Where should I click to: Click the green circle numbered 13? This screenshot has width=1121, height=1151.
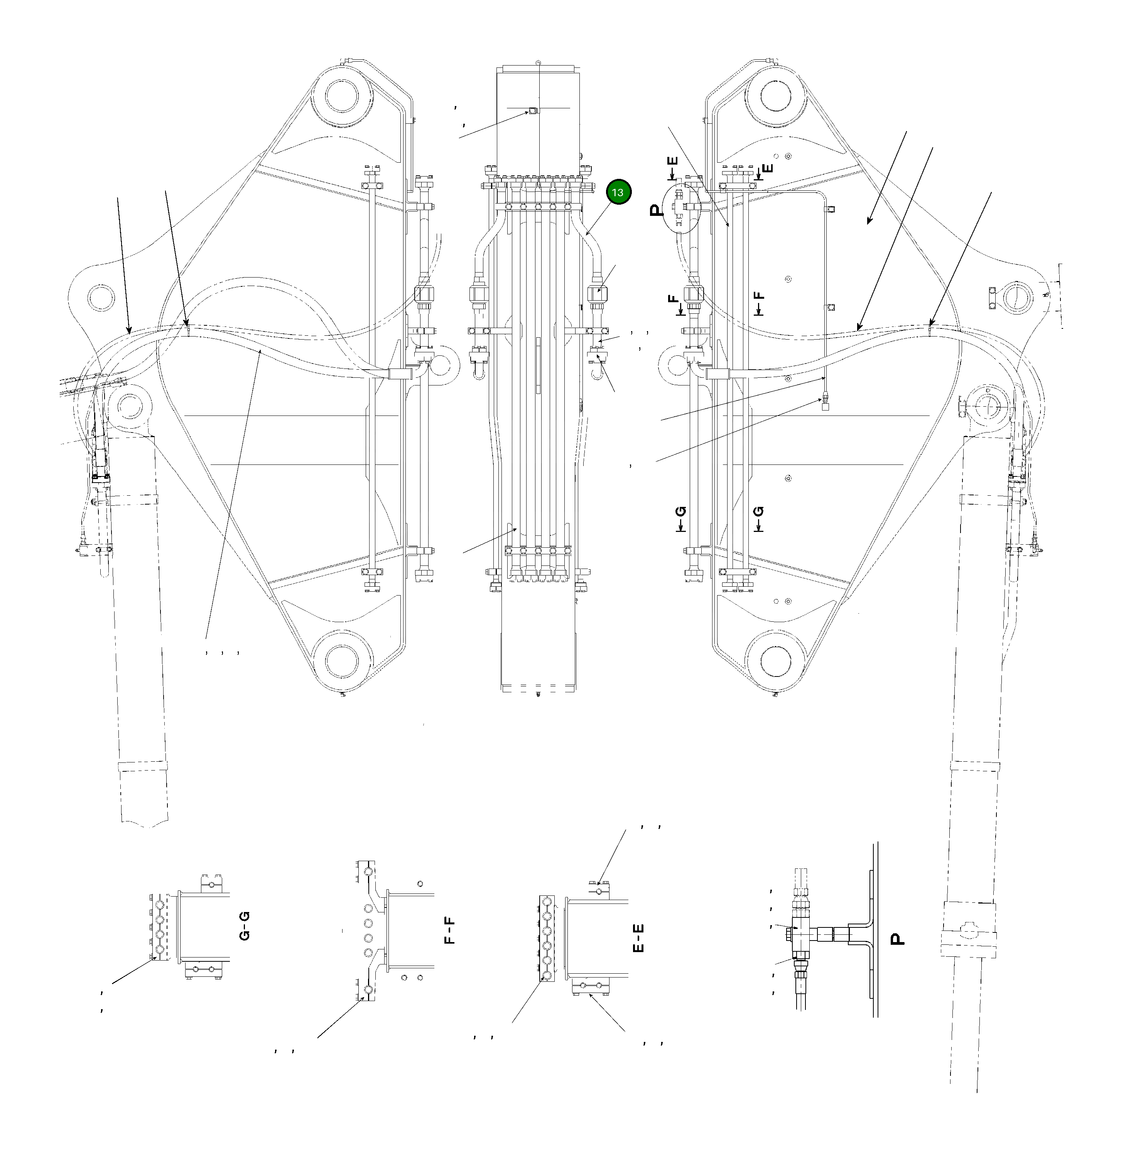point(618,192)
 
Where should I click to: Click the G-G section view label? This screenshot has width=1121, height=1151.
point(245,925)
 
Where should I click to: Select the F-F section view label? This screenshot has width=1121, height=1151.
point(450,930)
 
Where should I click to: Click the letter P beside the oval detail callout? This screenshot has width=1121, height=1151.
point(656,210)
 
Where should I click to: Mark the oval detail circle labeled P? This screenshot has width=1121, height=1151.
point(682,208)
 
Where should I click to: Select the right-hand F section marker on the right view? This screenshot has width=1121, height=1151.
point(760,303)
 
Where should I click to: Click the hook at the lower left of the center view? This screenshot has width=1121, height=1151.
point(479,372)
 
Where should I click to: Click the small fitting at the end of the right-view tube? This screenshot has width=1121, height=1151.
point(824,404)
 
